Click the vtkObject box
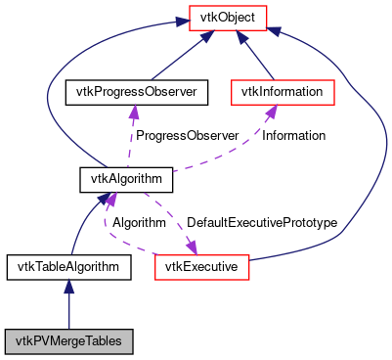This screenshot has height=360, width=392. click(222, 20)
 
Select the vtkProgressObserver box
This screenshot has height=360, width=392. click(132, 93)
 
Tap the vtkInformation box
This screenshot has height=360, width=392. click(283, 93)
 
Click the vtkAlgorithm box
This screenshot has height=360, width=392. click(126, 180)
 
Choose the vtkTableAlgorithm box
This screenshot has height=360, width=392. click(68, 265)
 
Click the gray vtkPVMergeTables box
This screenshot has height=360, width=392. click(68, 340)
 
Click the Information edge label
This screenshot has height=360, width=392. click(293, 135)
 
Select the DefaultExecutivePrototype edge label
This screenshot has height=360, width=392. click(262, 223)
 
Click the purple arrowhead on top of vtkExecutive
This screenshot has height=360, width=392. click(191, 247)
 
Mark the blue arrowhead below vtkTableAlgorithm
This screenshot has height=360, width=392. click(68, 285)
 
